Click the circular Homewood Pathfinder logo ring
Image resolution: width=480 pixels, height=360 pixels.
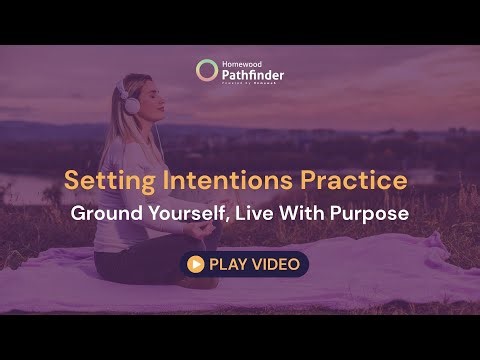pos(207,70)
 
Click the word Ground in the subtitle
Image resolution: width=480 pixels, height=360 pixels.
pos(104,214)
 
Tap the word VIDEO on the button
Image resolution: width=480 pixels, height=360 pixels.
pos(274,264)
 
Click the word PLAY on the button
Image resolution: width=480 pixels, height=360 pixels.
pos(226,264)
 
